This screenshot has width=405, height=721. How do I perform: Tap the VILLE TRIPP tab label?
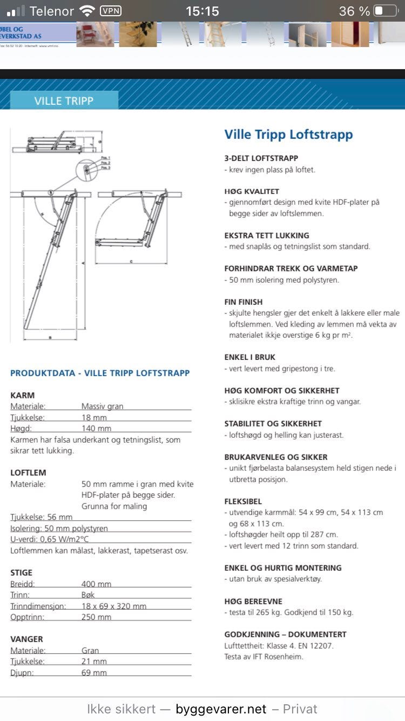pos(64,101)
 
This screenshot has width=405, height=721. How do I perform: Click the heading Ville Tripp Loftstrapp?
pos(288,134)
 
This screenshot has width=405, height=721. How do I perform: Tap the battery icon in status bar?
pos(386,11)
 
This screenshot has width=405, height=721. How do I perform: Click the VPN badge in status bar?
pos(111,11)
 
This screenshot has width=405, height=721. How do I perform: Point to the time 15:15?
pos(202,11)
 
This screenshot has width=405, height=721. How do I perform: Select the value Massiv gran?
pos(102,406)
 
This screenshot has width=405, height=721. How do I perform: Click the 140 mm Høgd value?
pos(96,429)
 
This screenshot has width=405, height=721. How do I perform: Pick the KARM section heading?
pos(23,395)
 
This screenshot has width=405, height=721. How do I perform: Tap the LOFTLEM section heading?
pos(28,472)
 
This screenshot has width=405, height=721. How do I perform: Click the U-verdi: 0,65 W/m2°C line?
pos(49,539)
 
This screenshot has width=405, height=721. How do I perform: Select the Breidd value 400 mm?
pos(96,584)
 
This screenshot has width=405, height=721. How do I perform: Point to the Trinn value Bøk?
pos(88,595)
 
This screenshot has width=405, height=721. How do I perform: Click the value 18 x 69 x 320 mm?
pos(114,606)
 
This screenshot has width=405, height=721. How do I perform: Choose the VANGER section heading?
pos(26,639)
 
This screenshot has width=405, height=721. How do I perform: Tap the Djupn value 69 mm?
pos(94,672)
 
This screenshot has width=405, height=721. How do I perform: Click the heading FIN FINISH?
pos(244,302)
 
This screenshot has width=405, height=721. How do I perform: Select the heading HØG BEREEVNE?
pos(253,601)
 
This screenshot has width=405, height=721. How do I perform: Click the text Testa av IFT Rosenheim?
pos(264,657)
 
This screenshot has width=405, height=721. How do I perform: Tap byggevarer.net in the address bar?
pos(221,709)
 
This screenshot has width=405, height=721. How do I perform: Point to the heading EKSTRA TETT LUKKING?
pos(267,235)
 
